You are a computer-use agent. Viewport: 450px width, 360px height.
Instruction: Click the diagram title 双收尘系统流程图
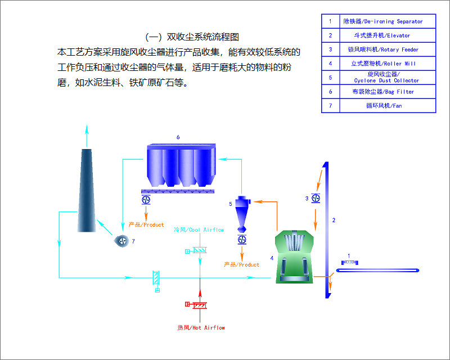click(192, 37)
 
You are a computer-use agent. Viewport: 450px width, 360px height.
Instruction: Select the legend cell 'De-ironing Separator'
click(388, 21)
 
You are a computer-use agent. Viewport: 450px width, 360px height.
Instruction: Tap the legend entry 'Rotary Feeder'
click(388, 49)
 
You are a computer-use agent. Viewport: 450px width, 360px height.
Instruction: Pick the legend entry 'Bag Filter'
click(388, 91)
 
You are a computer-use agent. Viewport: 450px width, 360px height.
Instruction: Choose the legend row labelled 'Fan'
click(388, 105)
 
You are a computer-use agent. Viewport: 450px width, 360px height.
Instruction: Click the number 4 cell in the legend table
click(330, 64)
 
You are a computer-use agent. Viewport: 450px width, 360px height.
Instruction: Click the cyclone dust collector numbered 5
click(241, 211)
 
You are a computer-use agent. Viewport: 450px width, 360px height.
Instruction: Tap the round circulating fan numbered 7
click(121, 240)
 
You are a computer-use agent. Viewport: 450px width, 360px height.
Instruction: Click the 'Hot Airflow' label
click(201, 327)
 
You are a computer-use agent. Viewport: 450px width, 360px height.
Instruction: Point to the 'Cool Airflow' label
click(199, 230)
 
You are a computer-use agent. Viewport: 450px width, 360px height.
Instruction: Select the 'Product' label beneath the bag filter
click(146, 225)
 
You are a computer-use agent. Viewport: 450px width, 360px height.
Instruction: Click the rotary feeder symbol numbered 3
click(316, 199)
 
